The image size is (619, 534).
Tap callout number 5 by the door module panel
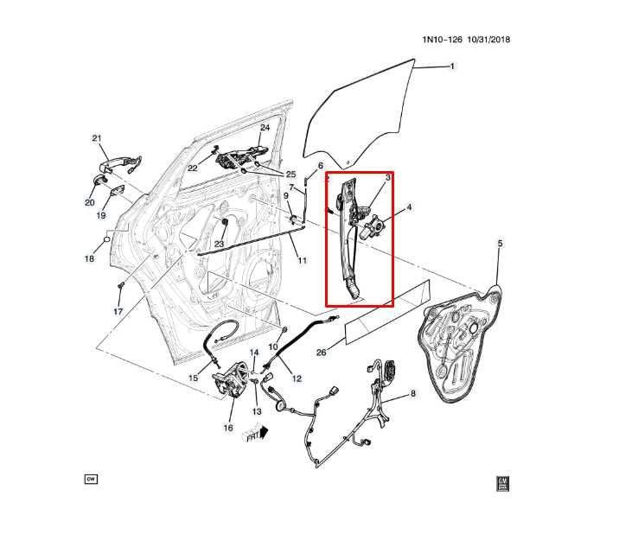[x=500, y=245]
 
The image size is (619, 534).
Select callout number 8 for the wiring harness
[x=412, y=394]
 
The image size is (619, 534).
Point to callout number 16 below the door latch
[x=228, y=427]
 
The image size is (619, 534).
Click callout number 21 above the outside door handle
[x=97, y=138]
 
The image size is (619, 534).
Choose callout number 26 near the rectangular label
[x=321, y=352]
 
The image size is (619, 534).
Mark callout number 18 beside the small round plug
[x=88, y=258]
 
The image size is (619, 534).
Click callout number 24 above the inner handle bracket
[x=265, y=128]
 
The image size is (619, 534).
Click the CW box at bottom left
[x=90, y=478]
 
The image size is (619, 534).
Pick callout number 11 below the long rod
[x=302, y=260]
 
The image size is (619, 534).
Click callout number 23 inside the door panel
[x=219, y=245]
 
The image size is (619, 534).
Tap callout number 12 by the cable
[x=296, y=378]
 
